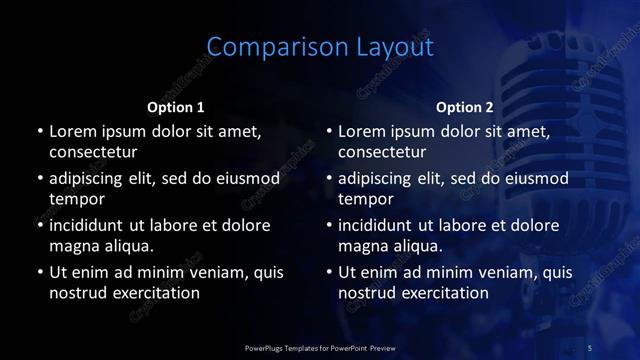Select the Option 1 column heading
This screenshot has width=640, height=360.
coord(176,107)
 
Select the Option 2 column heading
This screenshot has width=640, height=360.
coord(465,107)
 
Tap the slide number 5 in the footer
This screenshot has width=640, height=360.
coord(590,347)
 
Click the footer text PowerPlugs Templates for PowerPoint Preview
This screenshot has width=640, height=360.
coord(320,347)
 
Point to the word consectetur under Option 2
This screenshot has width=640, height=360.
coord(383,152)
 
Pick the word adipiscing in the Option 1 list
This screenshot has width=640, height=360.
coord(93,179)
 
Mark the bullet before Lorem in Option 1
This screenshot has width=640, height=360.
coord(39,132)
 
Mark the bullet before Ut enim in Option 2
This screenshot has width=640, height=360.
coord(329,272)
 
